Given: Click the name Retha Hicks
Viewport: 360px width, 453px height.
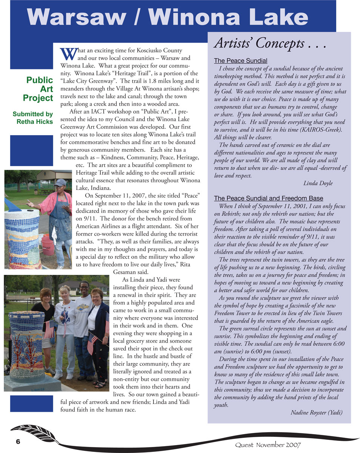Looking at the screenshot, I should click(35, 122).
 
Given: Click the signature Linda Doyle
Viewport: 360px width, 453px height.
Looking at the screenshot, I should click(318, 183).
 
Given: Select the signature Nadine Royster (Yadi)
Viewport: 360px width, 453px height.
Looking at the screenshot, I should click(316, 412).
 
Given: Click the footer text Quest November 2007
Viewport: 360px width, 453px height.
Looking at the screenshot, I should click(268, 445).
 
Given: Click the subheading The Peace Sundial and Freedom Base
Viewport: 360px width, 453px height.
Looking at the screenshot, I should click(268, 199).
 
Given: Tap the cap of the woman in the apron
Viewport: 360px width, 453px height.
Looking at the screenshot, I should click(60, 183).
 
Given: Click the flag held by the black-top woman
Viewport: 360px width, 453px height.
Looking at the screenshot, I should click(49, 329).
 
